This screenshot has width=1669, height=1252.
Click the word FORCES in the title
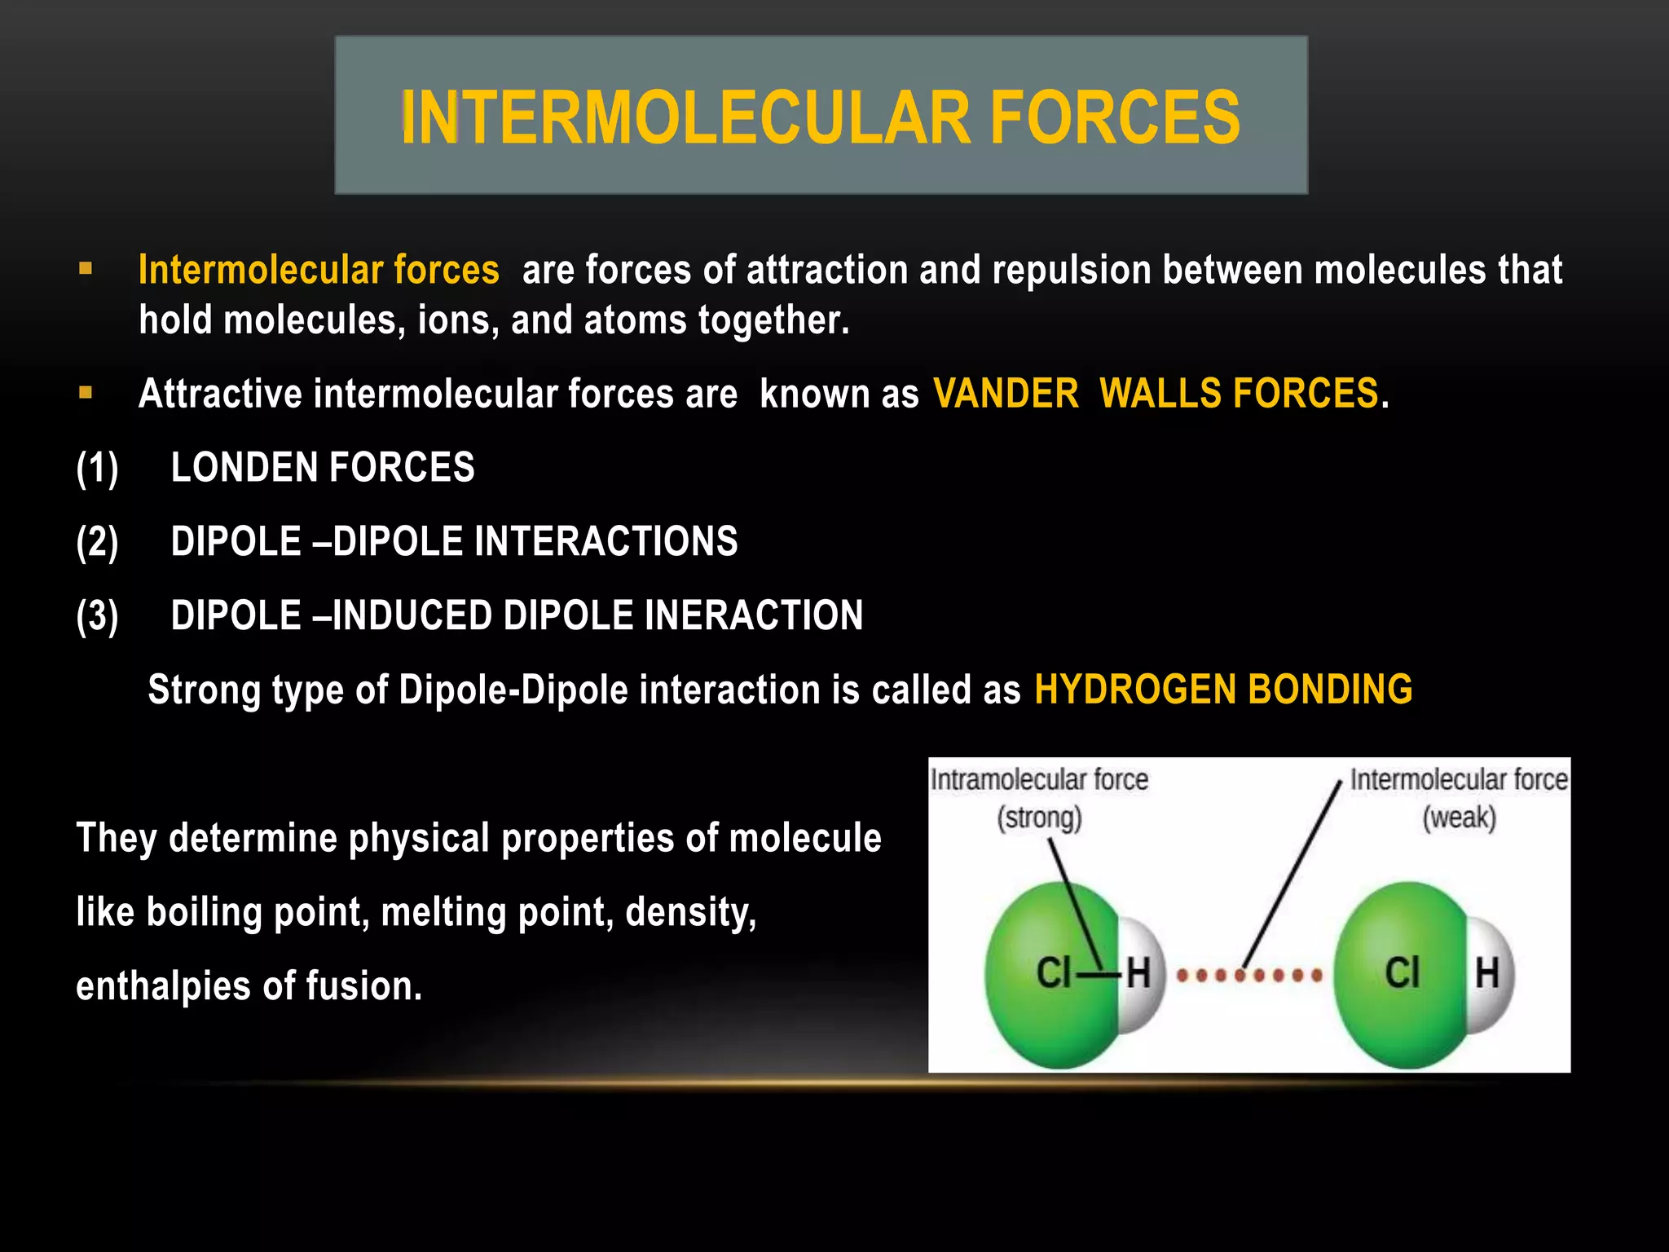(1114, 118)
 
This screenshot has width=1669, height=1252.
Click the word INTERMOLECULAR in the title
(685, 118)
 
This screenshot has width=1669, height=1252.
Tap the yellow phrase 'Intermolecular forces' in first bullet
(319, 270)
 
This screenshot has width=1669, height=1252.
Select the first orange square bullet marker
(86, 268)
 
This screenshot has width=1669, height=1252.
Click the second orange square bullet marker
(86, 393)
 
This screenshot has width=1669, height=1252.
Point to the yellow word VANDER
(1006, 394)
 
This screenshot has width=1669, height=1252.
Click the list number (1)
(97, 469)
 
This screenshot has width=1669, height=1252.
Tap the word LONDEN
(244, 468)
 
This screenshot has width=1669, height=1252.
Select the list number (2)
(97, 543)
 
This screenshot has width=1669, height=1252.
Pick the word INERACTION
(753, 615)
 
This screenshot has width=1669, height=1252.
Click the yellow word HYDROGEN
(1134, 690)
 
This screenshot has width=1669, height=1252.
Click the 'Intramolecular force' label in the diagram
(1039, 780)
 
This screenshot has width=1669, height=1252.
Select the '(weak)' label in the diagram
(1459, 818)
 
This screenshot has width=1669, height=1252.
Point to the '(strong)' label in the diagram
(1039, 818)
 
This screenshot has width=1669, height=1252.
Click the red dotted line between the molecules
(1248, 975)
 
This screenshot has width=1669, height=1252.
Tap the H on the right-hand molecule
(1487, 973)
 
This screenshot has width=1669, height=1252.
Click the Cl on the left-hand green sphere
(1052, 973)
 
